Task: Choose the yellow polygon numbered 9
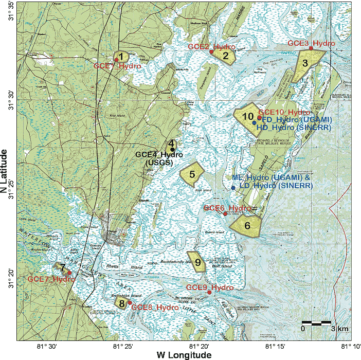click(x=197, y=262)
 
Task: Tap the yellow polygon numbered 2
click(x=225, y=56)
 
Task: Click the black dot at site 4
click(x=172, y=149)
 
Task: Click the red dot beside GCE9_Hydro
click(x=209, y=292)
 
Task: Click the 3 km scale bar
click(x=316, y=323)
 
